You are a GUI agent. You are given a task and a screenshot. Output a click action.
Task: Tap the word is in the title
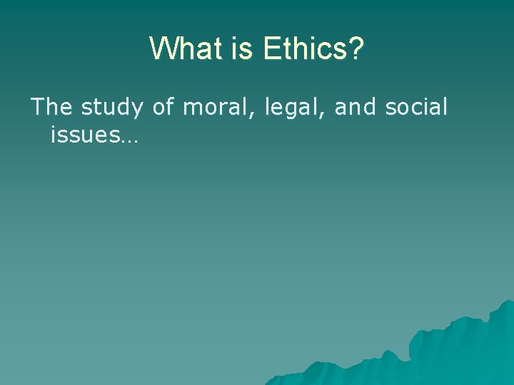coord(245,48)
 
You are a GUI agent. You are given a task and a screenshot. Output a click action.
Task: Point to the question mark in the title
coord(356,48)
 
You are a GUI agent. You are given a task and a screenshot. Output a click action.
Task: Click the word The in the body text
coord(51,107)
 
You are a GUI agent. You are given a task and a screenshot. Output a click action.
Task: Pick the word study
coord(114,108)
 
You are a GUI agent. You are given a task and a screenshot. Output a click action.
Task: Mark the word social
coord(416,107)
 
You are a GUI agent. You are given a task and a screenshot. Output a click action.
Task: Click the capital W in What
coord(162,48)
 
